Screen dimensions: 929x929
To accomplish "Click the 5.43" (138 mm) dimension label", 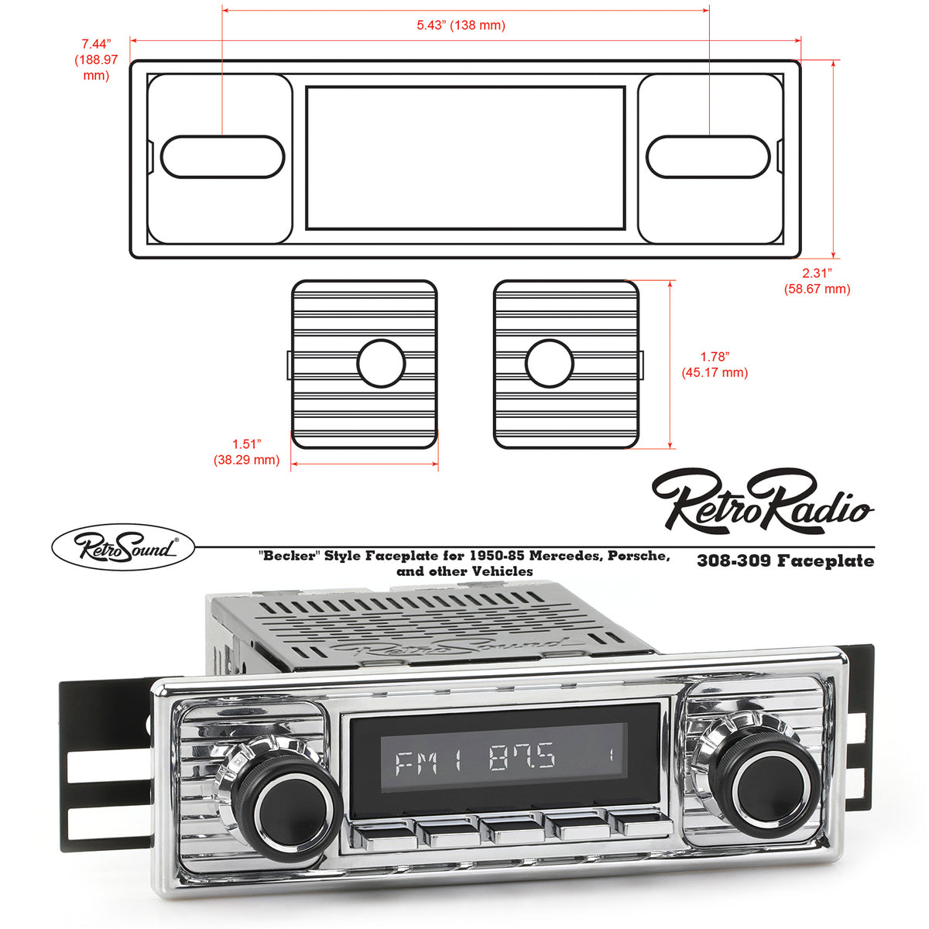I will [x=461, y=26].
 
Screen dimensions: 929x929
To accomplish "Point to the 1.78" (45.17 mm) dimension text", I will [x=715, y=365].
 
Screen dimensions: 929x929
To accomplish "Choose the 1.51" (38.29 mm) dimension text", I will [x=246, y=452].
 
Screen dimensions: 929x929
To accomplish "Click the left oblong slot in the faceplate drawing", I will [x=222, y=156].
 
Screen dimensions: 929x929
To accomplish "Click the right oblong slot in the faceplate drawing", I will [x=708, y=156].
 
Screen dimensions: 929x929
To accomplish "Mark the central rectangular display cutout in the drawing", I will [x=465, y=158].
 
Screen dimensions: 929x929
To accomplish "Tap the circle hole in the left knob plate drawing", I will [x=381, y=363].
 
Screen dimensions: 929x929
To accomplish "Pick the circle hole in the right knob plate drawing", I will [x=549, y=363].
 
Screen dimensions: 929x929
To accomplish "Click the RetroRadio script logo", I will [x=763, y=501].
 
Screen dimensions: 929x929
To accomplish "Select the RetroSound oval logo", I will [x=123, y=548].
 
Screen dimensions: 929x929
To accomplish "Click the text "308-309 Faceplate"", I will [x=785, y=560].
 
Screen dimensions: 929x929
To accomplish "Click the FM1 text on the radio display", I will [x=428, y=762].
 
